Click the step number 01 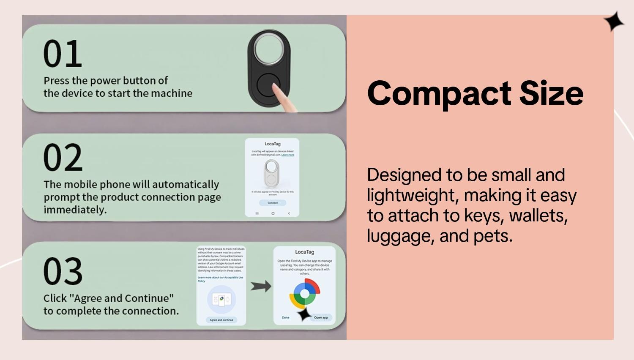pyautogui.click(x=63, y=54)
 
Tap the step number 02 pyautogui.click(x=63, y=157)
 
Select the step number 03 pyautogui.click(x=63, y=271)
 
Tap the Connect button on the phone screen pyautogui.click(x=273, y=203)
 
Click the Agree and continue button pyautogui.click(x=221, y=320)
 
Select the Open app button pyautogui.click(x=321, y=317)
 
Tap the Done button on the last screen pyautogui.click(x=286, y=317)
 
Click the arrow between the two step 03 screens pyautogui.click(x=261, y=286)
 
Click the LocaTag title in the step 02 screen pyautogui.click(x=273, y=144)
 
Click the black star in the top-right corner pyautogui.click(x=613, y=22)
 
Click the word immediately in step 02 pyautogui.click(x=75, y=210)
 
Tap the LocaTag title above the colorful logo pyautogui.click(x=305, y=252)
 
